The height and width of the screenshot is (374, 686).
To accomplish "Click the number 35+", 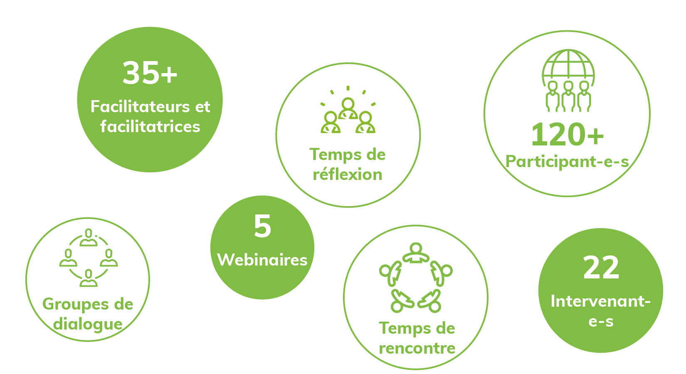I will click(x=150, y=73).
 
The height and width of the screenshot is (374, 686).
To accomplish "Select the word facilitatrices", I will click(x=150, y=126).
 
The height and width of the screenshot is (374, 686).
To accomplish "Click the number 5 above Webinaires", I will click(x=262, y=226).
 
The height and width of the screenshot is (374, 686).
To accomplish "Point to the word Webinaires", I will click(x=262, y=260).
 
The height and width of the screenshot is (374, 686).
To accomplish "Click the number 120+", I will click(x=567, y=135).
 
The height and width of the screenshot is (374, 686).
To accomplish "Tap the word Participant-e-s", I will click(x=567, y=161).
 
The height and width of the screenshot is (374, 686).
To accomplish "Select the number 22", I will click(x=601, y=268).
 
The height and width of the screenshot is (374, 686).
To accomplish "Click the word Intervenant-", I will click(x=600, y=301).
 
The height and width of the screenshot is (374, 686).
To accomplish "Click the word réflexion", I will click(x=348, y=175).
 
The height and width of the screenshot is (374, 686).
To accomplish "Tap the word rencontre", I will click(x=417, y=348).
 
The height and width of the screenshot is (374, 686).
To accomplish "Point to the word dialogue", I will click(x=88, y=324).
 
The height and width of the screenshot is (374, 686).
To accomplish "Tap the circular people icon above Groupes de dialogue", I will click(x=89, y=258).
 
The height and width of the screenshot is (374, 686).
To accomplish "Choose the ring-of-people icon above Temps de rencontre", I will click(x=416, y=278).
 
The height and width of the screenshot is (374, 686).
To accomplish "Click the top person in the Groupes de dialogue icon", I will click(x=89, y=237).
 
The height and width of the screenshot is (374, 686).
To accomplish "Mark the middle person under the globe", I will click(x=568, y=96).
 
